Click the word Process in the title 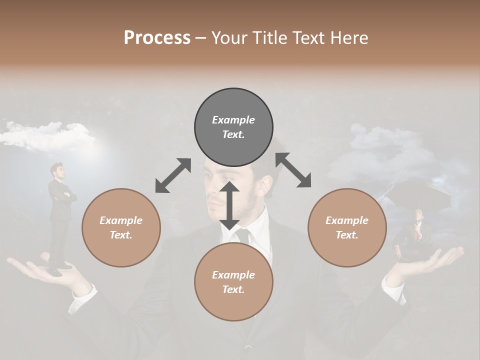pyautogui.click(x=157, y=37)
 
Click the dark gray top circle pyautogui.click(x=233, y=127)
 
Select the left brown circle pyautogui.click(x=121, y=227)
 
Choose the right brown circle pyautogui.click(x=346, y=227)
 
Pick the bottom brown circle pyautogui.click(x=233, y=281)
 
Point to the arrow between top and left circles pyautogui.click(x=173, y=175)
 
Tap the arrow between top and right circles pyautogui.click(x=293, y=170)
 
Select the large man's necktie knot pyautogui.click(x=243, y=233)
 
